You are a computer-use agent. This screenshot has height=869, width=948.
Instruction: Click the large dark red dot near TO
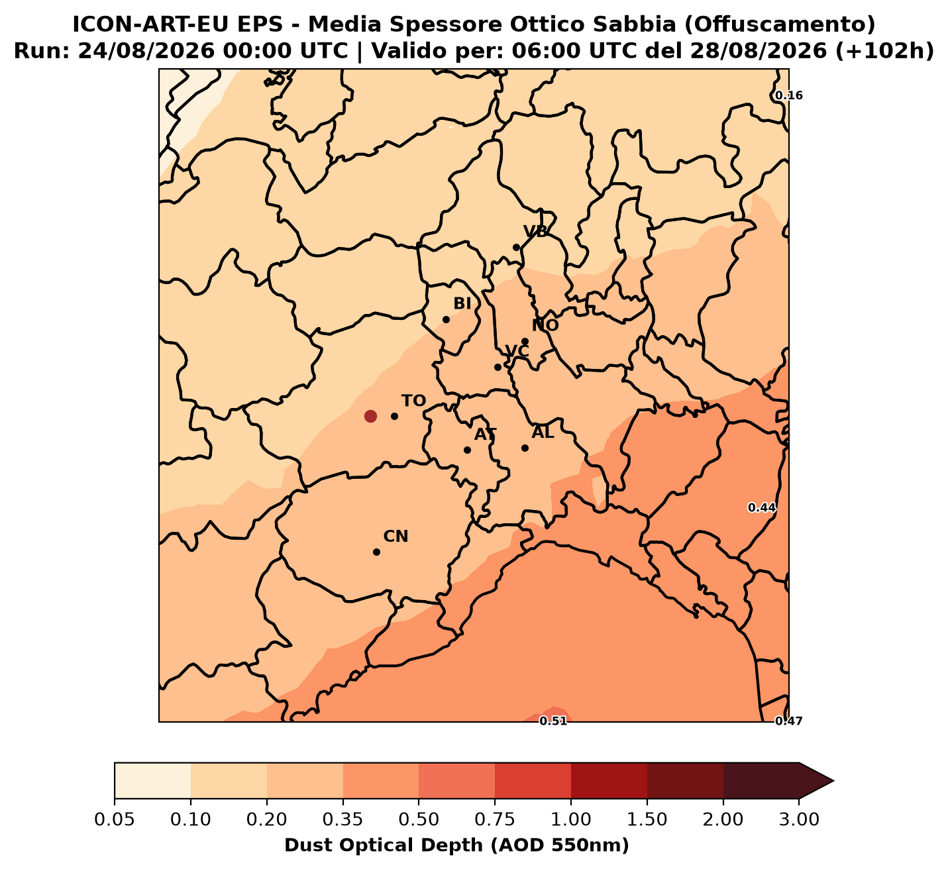pyautogui.click(x=370, y=417)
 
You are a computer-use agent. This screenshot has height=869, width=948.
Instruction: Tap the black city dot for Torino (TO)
pyautogui.click(x=395, y=417)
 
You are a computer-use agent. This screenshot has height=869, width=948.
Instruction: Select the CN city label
pyautogui.click(x=395, y=537)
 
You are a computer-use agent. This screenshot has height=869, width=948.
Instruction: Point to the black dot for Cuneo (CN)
pyautogui.click(x=377, y=552)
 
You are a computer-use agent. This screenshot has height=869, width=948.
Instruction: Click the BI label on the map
pyautogui.click(x=462, y=304)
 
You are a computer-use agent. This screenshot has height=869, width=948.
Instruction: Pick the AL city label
pyautogui.click(x=543, y=433)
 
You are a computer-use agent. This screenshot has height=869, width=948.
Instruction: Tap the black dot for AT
pyautogui.click(x=468, y=450)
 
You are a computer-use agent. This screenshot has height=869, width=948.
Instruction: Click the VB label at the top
pyautogui.click(x=535, y=232)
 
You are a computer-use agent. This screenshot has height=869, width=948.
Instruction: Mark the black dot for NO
pyautogui.click(x=525, y=342)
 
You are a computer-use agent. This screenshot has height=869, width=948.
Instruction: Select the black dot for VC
pyautogui.click(x=498, y=367)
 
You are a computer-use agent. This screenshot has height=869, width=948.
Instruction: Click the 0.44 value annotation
pyautogui.click(x=761, y=508)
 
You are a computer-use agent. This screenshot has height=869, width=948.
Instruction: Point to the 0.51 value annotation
pyautogui.click(x=553, y=721)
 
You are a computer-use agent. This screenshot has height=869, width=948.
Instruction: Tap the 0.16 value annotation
pyautogui.click(x=789, y=96)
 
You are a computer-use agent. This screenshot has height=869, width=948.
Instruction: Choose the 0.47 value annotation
pyautogui.click(x=789, y=721)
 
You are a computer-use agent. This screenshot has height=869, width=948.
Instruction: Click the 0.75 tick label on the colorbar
pyautogui.click(x=495, y=820)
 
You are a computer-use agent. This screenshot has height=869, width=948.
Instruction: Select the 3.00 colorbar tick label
pyautogui.click(x=799, y=820)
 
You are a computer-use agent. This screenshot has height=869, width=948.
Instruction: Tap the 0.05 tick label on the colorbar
pyautogui.click(x=115, y=820)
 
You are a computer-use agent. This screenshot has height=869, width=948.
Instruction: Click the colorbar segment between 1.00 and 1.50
pyautogui.click(x=609, y=781)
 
